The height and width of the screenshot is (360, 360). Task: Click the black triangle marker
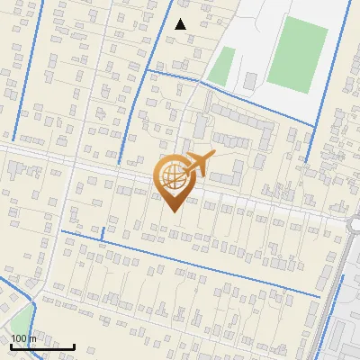click(181, 24)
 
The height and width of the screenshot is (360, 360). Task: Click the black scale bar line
click(42, 346)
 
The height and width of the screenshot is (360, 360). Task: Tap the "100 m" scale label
click(24, 338)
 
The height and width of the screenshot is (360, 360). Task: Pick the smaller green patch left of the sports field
click(221, 66)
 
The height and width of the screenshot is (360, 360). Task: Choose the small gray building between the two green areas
click(250, 81)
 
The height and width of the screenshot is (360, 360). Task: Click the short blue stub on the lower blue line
click(103, 234)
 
